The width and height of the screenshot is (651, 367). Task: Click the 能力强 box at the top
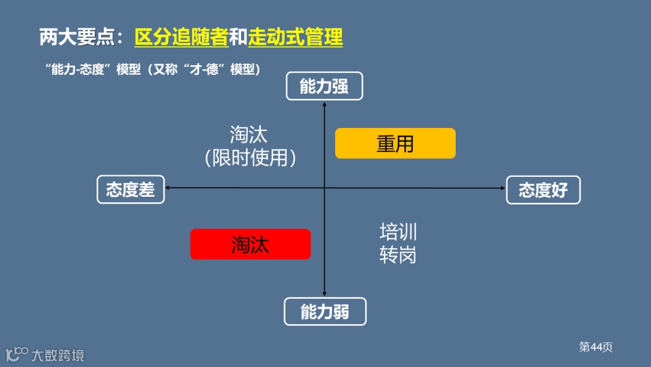324,86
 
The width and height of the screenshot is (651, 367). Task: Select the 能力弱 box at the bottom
325,311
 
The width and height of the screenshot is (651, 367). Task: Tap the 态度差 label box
131,190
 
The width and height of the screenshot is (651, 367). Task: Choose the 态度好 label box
543,190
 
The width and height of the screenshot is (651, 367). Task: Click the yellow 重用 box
395,144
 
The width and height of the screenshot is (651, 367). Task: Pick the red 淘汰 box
250,244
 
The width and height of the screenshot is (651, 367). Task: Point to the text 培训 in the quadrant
398,232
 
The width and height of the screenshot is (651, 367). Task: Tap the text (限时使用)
250,158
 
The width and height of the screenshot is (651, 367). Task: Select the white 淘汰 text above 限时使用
248,134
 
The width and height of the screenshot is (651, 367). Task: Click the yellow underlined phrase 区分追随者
181,37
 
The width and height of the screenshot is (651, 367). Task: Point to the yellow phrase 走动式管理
295,37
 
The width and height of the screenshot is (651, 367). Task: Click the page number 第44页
596,347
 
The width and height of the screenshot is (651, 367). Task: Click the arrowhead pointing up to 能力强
325,105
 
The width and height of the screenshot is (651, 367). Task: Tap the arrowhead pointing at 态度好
502,188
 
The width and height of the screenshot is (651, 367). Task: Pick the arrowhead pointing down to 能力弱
325,293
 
